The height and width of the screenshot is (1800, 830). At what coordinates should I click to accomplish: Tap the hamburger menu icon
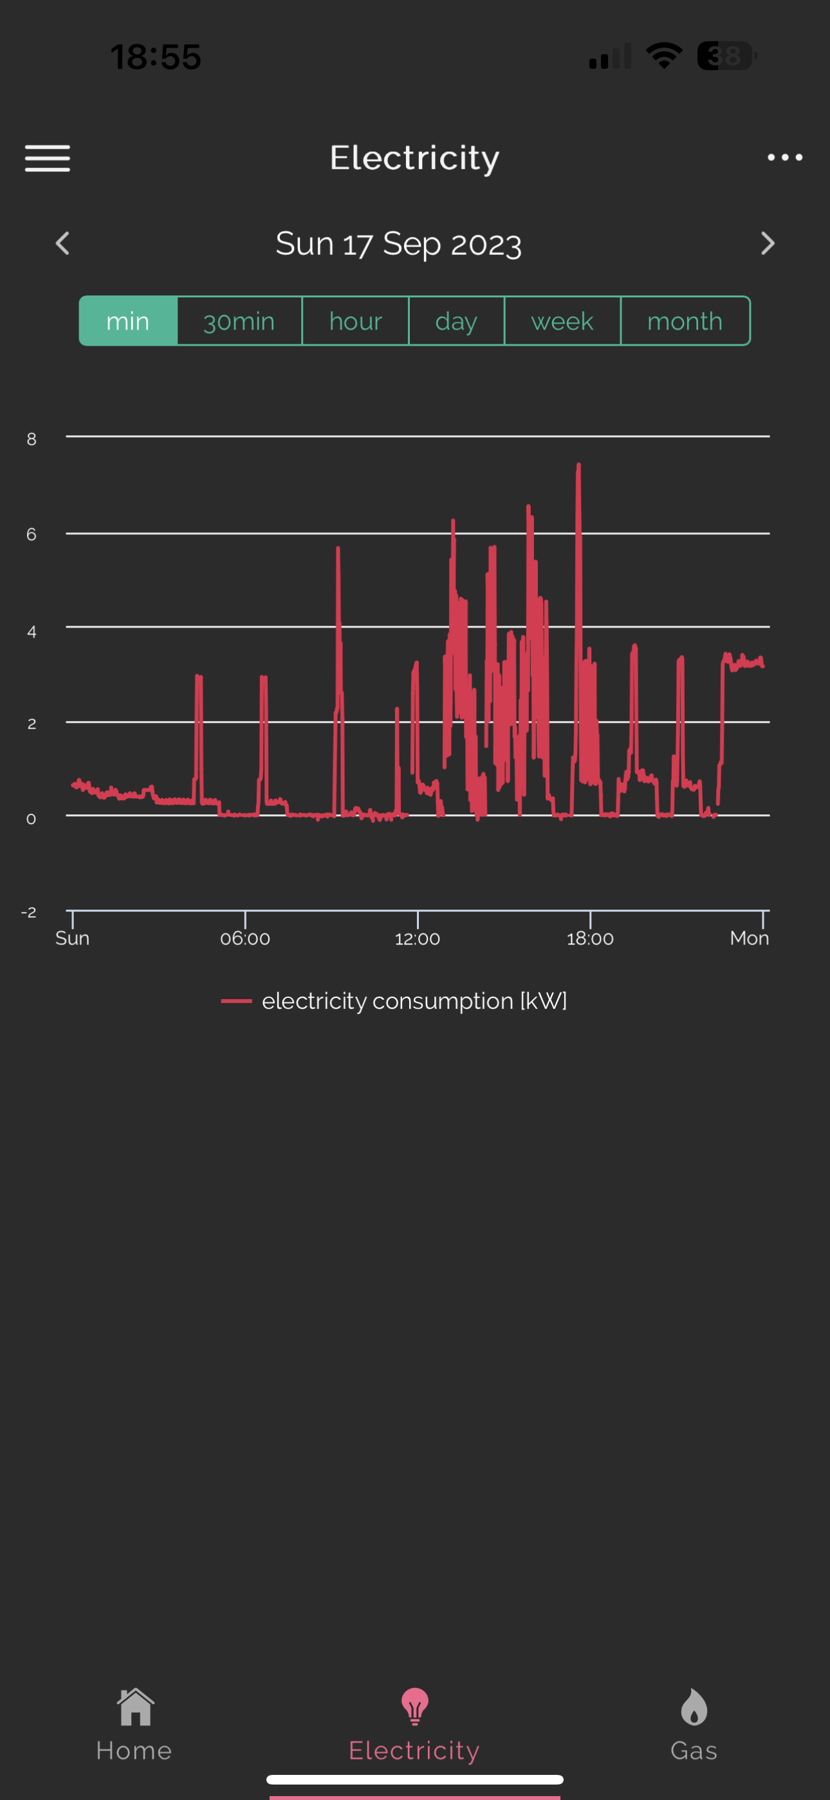48,158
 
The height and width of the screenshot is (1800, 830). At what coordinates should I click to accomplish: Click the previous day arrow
63,243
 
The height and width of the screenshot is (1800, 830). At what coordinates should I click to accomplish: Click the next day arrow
767,243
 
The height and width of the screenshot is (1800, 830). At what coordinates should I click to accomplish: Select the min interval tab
128,321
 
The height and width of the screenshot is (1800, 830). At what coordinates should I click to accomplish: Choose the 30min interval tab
239,321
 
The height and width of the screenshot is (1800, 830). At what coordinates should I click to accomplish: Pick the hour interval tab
356,321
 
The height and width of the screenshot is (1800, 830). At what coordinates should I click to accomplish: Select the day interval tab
456,321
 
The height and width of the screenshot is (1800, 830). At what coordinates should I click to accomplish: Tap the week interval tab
562,321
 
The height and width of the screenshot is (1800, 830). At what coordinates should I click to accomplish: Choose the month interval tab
685,321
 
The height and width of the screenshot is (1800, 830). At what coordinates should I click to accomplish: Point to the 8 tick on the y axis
32,439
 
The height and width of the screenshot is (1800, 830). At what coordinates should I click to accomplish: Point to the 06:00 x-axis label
245,939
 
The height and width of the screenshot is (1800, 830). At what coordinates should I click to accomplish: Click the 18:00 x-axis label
591,939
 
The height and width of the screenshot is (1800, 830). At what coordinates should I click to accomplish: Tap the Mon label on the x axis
750,938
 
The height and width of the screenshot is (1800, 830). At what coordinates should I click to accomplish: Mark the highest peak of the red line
578,464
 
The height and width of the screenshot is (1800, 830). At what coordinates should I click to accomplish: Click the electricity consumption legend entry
394,1000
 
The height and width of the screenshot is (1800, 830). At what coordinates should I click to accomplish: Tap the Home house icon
136,1707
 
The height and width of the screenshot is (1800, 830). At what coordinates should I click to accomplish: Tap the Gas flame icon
694,1707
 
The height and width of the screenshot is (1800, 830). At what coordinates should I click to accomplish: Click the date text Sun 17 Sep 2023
399,243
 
